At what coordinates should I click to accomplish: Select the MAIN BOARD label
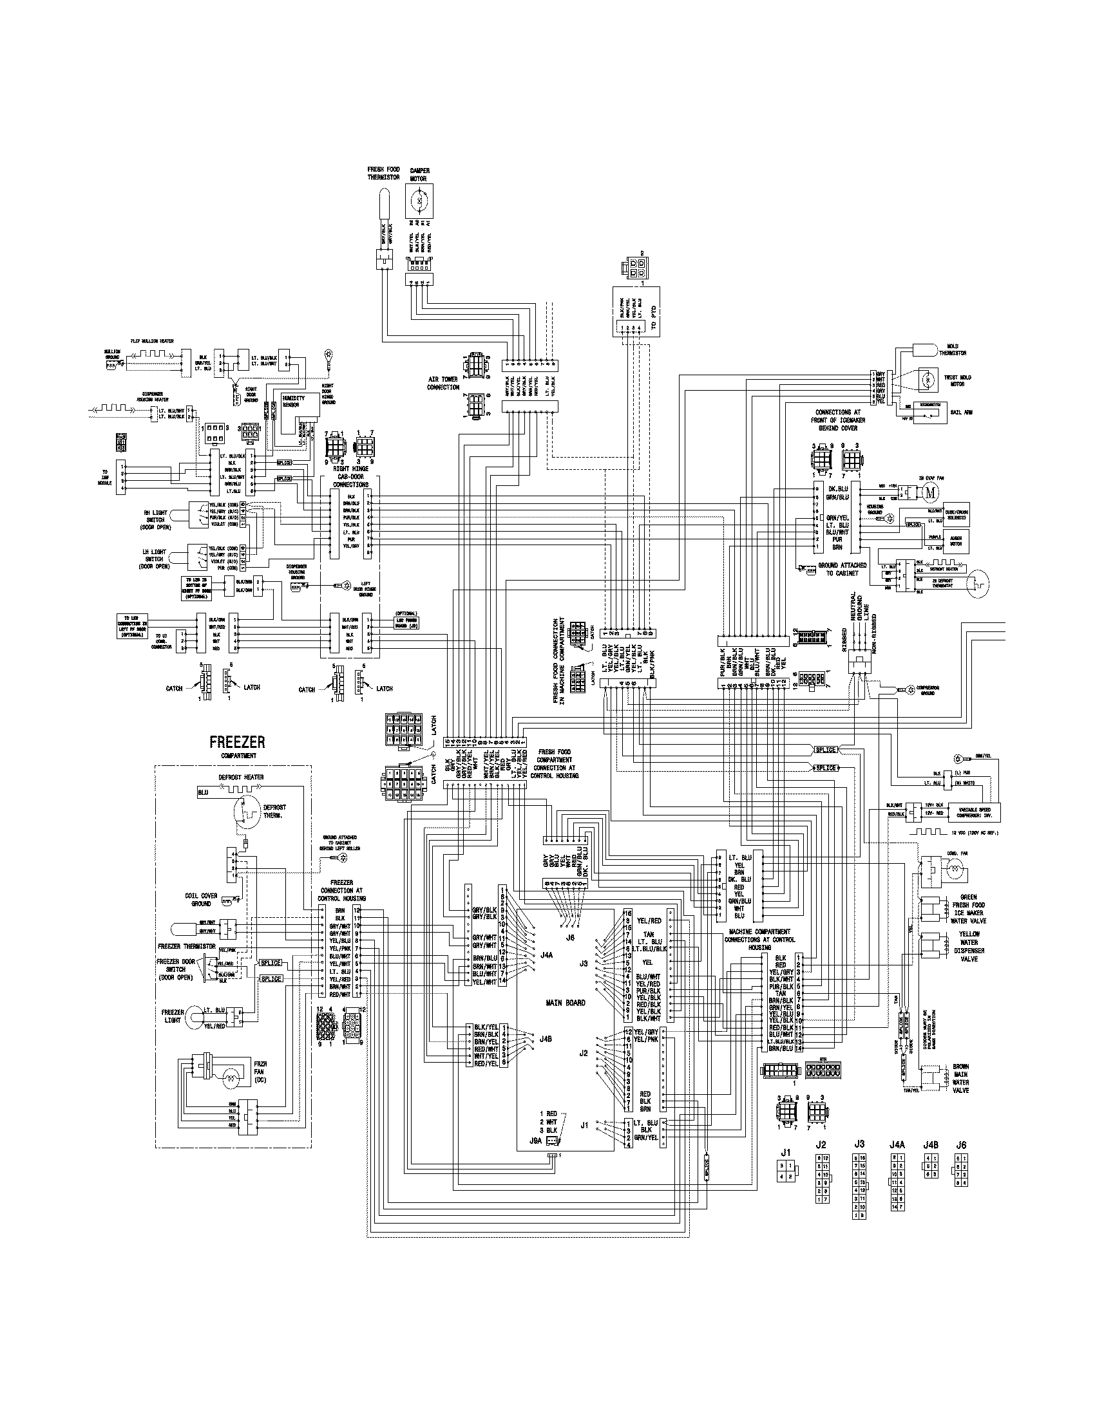pos(565,1003)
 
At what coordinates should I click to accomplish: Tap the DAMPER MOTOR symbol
pos(419,201)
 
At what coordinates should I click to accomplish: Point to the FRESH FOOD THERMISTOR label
pos(384,173)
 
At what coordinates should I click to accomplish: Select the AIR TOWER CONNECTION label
pos(443,383)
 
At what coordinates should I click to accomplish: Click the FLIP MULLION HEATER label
pos(152,341)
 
